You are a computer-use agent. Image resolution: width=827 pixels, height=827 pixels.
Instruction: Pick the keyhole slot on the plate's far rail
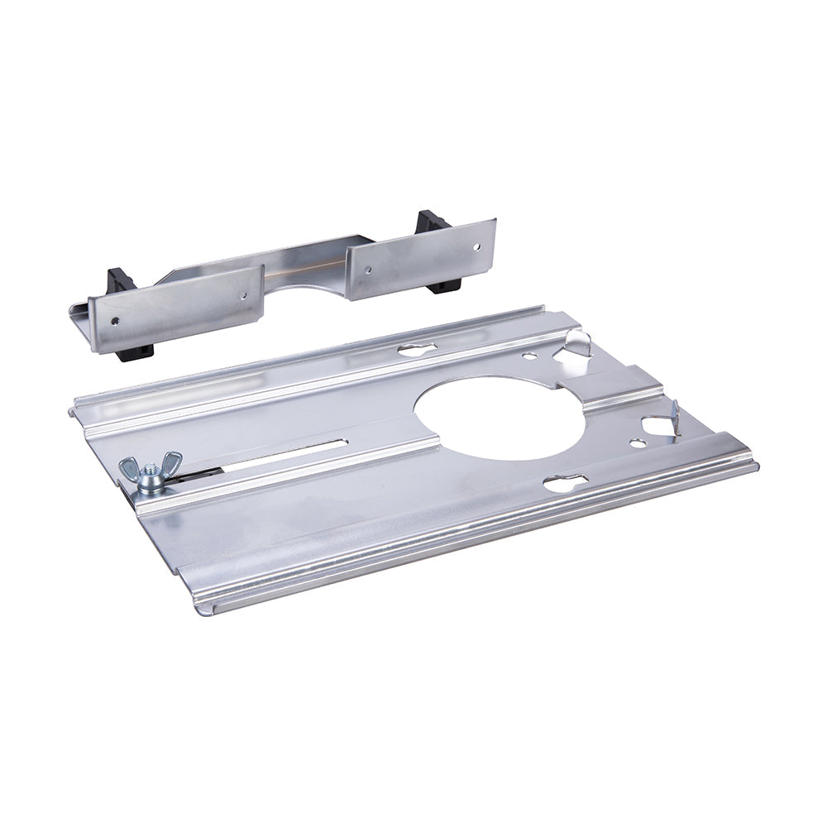416,349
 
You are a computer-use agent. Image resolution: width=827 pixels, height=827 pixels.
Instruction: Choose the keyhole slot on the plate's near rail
566,481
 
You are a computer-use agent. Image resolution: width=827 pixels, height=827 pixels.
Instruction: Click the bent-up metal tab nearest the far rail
579,342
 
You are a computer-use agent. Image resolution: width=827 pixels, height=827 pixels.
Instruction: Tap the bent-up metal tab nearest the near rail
672,416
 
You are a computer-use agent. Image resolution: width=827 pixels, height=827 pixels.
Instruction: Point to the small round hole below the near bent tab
638,443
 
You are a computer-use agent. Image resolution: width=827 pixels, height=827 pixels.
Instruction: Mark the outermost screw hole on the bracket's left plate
116,321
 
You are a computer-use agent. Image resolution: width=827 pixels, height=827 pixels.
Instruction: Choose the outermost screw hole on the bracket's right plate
477,245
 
